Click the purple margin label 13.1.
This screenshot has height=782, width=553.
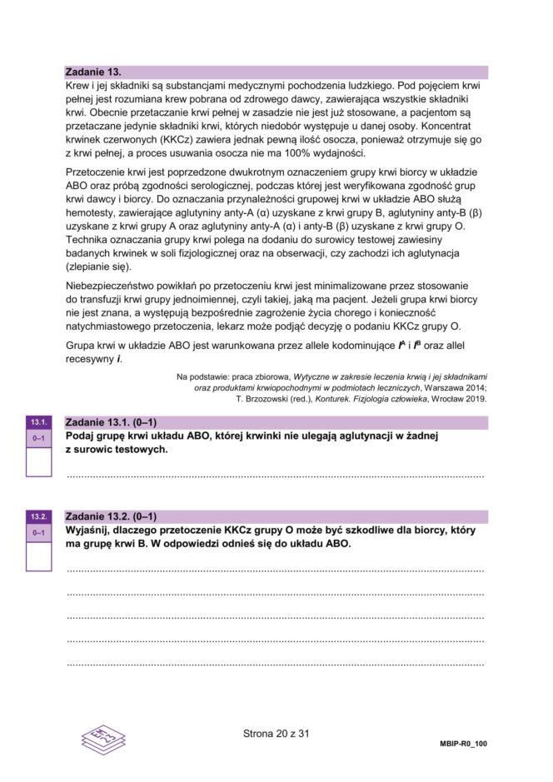tap(39, 422)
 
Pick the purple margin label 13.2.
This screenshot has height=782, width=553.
tap(39, 516)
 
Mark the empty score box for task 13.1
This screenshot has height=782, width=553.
tap(39, 461)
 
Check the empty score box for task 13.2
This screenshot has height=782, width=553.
tap(39, 556)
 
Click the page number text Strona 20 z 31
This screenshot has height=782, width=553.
tap(276, 734)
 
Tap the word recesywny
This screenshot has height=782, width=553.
tap(91, 360)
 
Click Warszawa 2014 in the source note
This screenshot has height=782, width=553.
tap(456, 387)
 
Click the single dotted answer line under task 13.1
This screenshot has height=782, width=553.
tap(275, 476)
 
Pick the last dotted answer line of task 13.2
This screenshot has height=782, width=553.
tap(275, 664)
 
